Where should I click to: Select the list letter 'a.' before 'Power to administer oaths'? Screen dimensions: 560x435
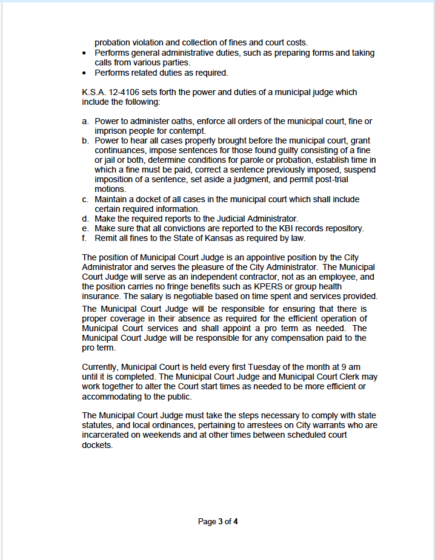click(x=85, y=122)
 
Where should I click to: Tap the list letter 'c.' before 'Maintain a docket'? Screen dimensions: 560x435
click(x=85, y=199)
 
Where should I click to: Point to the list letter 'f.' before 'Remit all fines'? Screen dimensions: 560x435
click(x=85, y=238)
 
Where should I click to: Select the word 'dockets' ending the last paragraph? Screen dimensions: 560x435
click(x=98, y=444)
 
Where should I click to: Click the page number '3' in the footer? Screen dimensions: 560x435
click(x=221, y=521)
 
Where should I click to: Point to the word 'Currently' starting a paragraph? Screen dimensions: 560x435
click(x=101, y=367)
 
